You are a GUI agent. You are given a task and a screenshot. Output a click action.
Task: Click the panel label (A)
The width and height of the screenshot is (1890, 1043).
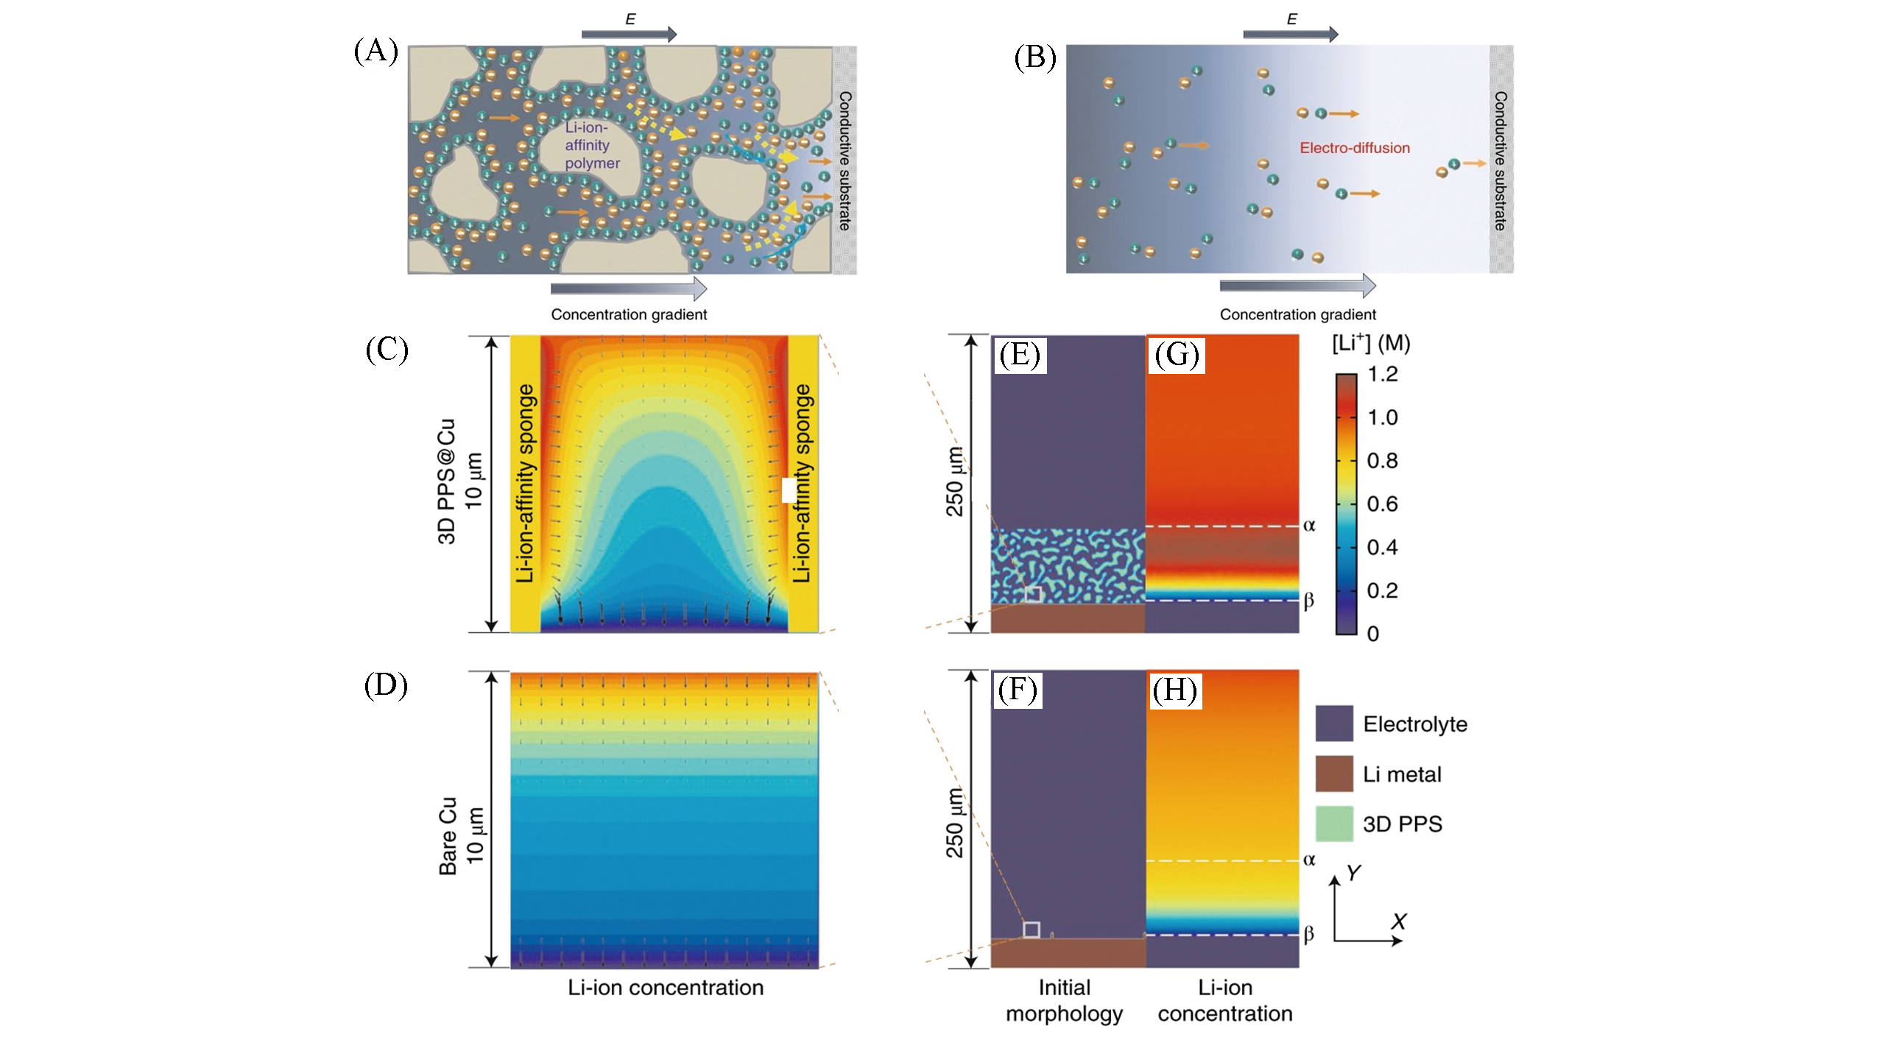[375, 52]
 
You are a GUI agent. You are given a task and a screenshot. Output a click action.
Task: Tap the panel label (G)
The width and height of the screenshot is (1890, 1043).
[1176, 356]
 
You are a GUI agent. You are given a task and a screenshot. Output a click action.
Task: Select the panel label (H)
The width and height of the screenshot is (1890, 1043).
[1175, 690]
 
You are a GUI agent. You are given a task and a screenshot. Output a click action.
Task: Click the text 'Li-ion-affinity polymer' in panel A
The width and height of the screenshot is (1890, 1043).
[591, 145]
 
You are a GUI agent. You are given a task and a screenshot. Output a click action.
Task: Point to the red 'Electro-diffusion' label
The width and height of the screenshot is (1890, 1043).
[1354, 148]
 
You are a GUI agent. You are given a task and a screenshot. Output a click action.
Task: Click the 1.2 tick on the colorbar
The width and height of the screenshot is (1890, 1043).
[1382, 374]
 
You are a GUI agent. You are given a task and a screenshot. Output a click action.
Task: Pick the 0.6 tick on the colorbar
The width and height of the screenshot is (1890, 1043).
[1382, 504]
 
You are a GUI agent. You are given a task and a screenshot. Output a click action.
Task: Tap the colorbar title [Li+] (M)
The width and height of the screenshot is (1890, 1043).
[1371, 343]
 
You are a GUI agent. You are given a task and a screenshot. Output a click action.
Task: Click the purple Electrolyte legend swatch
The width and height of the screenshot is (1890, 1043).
[1333, 724]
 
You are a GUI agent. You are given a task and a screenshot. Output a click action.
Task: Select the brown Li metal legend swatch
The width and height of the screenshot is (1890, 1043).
[1333, 774]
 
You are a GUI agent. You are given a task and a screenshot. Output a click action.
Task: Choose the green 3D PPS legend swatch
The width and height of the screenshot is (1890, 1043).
[1333, 824]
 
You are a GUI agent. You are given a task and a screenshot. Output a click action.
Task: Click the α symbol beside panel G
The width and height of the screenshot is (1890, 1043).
[1309, 526]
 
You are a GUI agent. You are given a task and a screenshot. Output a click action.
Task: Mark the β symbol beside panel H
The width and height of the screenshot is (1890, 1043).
[1309, 934]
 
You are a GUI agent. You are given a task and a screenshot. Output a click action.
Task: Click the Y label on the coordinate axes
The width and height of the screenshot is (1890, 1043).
[1353, 873]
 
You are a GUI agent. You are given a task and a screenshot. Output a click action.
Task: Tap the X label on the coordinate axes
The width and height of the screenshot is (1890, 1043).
[1398, 921]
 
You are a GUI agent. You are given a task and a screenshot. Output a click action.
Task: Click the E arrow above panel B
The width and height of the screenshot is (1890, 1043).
[1290, 33]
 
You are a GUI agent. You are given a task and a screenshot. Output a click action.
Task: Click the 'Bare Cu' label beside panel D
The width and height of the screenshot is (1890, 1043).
[448, 835]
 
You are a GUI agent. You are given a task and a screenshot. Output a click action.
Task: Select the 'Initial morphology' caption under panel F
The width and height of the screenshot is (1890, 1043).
[1064, 1000]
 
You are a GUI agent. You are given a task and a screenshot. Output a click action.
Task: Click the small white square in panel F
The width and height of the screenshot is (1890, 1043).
[1032, 930]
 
